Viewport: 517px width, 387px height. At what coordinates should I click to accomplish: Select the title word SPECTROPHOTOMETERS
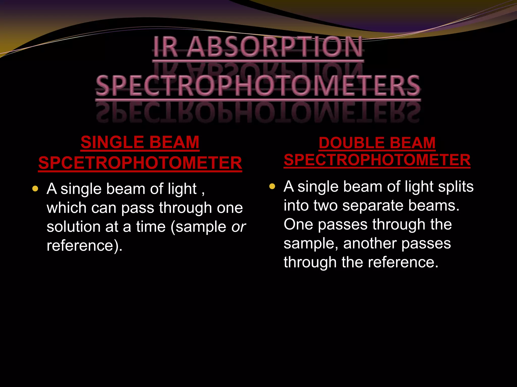[258, 86]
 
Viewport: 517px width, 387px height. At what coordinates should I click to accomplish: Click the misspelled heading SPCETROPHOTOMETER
[140, 163]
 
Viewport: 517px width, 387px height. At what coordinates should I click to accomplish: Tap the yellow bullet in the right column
[272, 186]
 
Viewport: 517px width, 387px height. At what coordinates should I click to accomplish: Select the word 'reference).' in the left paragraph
[85, 245]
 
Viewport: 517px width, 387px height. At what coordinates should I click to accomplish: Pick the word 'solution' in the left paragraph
[73, 227]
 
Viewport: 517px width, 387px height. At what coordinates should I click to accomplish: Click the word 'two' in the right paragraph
[325, 205]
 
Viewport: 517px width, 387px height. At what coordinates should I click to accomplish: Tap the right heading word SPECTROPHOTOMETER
[377, 160]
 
